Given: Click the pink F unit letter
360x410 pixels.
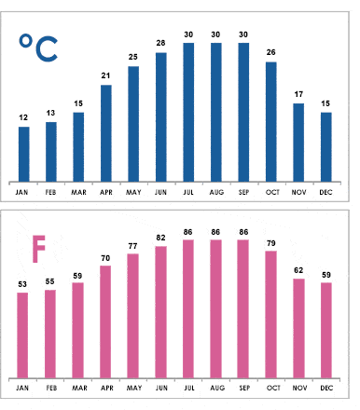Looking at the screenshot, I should click(x=38, y=247).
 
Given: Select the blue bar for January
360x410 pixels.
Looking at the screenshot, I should click(x=23, y=153).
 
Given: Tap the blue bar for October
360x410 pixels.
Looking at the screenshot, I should click(x=271, y=121).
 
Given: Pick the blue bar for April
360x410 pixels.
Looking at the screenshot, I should click(x=105, y=132).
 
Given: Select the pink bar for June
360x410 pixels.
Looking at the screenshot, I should click(x=160, y=312).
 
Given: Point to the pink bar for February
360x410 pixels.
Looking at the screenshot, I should click(x=50, y=333).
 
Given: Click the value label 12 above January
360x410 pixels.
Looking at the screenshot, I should click(x=23, y=117).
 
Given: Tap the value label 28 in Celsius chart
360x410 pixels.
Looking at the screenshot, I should click(x=160, y=44).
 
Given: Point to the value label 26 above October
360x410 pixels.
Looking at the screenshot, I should click(x=271, y=53).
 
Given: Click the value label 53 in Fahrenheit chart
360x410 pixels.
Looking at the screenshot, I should click(x=22, y=283).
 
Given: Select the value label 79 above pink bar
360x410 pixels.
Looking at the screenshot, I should click(x=271, y=242).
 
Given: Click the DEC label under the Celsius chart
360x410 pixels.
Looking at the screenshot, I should click(x=326, y=192).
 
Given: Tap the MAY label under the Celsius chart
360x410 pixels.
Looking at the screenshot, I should click(x=133, y=192).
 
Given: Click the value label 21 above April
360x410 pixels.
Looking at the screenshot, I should click(x=105, y=76).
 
